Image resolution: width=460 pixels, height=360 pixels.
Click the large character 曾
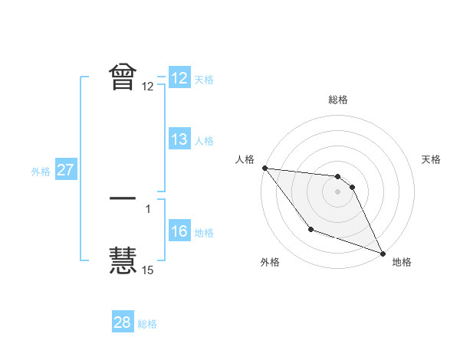[x=123, y=77]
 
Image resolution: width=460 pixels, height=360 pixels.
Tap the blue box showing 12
[x=179, y=78]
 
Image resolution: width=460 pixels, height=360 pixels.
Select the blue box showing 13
[x=179, y=139]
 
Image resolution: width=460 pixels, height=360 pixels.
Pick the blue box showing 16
[x=179, y=231]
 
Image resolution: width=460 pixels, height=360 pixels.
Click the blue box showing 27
[x=66, y=170]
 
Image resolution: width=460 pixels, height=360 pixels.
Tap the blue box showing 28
[x=123, y=322]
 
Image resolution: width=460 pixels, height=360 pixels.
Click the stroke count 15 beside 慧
[x=147, y=270]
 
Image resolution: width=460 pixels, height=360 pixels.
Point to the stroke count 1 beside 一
[x=148, y=208]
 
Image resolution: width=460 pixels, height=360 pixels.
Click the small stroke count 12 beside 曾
[x=147, y=87]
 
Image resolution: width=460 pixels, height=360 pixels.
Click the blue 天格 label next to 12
[x=204, y=80]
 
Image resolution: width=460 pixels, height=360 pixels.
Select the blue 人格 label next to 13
[x=204, y=141]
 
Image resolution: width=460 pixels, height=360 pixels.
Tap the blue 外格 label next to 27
[x=41, y=172]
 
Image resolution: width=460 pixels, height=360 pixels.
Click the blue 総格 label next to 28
[x=147, y=324]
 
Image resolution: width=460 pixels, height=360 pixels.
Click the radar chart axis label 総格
[x=338, y=100]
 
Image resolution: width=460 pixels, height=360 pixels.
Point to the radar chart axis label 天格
[x=432, y=159]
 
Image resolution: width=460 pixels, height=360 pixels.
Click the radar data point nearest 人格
[x=264, y=168]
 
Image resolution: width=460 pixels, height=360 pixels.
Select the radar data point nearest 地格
[x=383, y=253]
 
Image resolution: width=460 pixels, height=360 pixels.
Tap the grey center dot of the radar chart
[x=337, y=191]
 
